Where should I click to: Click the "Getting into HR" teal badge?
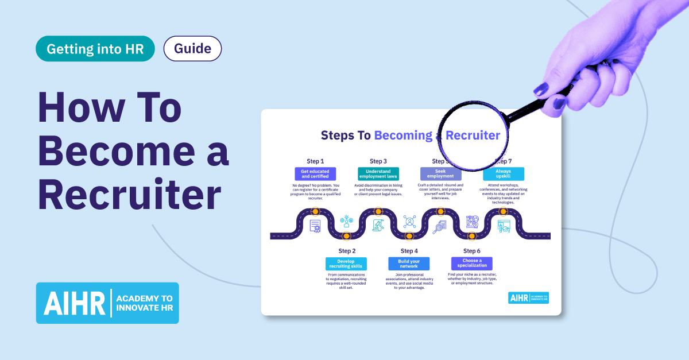(x=95, y=49)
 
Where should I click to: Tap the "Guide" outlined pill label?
(x=193, y=49)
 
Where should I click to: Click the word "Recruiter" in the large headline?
(x=129, y=195)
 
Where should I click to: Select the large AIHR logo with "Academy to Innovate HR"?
(x=107, y=303)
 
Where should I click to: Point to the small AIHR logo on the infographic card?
(x=528, y=297)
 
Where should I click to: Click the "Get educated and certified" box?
(x=315, y=174)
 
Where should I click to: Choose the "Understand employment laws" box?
(x=378, y=174)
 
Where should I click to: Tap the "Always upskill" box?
(x=503, y=174)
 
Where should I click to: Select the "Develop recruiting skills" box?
(x=346, y=264)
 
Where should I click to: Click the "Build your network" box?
(x=408, y=264)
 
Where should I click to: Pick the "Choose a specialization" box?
(x=471, y=264)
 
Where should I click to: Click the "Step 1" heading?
(x=315, y=161)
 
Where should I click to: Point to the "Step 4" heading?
(x=409, y=251)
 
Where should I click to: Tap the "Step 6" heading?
(x=471, y=251)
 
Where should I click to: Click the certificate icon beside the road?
(x=315, y=226)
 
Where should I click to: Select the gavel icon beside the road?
(x=378, y=225)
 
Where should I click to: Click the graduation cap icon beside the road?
(x=504, y=226)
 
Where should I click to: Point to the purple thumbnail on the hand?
(x=540, y=90)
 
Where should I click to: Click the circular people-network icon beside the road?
(x=409, y=221)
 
